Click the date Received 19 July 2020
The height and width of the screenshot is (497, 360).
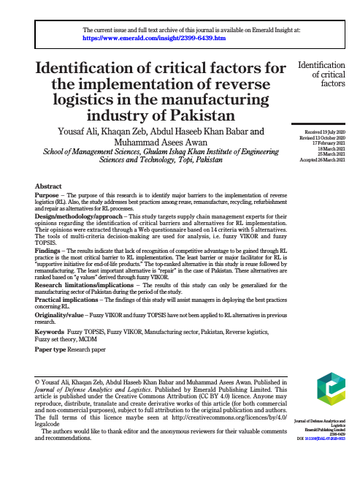click(322, 132)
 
